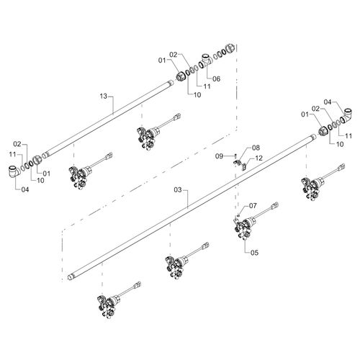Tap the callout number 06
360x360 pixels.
click(x=216, y=78)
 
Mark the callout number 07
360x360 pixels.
click(x=251, y=206)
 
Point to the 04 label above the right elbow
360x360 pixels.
click(x=327, y=102)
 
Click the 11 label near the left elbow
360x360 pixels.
click(x=12, y=155)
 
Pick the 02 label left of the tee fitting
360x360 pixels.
click(x=173, y=54)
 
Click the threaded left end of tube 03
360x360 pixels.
click(x=71, y=276)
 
